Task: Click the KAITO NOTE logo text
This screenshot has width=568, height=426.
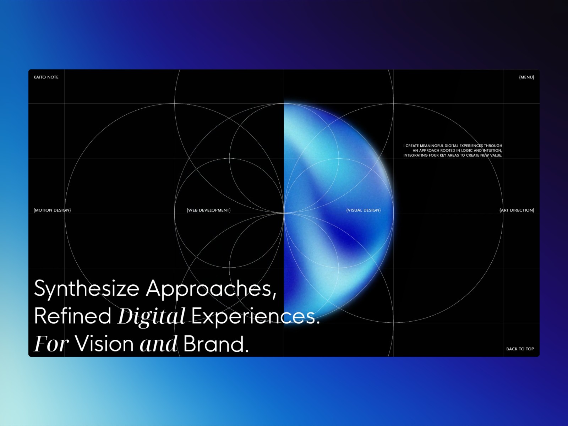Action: pyautogui.click(x=46, y=77)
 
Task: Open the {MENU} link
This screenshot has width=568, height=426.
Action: pyautogui.click(x=526, y=77)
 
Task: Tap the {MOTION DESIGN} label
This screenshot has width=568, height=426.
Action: pyautogui.click(x=52, y=210)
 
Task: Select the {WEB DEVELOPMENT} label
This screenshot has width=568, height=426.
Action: pyautogui.click(x=209, y=210)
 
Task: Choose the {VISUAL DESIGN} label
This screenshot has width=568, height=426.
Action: pyautogui.click(x=363, y=210)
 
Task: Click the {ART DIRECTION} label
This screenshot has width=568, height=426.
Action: pyautogui.click(x=517, y=210)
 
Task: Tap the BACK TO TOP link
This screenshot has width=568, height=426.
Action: pyautogui.click(x=520, y=349)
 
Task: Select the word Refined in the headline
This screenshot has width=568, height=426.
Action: pyautogui.click(x=73, y=316)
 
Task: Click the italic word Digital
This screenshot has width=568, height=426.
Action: pyautogui.click(x=151, y=317)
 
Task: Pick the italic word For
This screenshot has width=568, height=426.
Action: pyautogui.click(x=51, y=344)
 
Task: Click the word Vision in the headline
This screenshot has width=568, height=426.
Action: pyautogui.click(x=104, y=344)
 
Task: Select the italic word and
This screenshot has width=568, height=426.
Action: pyautogui.click(x=158, y=344)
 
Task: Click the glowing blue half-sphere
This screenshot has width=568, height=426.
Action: pyautogui.click(x=337, y=212)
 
